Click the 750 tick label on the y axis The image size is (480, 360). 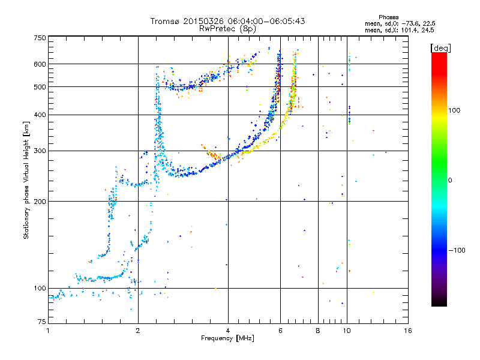click(40, 38)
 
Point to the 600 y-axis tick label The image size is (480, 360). click(40, 64)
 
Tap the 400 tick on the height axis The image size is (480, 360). click(40, 115)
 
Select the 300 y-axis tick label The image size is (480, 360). click(40, 151)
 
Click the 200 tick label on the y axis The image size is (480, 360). click(40, 201)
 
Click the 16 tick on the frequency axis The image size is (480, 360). click(407, 331)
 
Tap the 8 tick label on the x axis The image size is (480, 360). click(318, 331)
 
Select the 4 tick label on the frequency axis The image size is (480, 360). click(228, 331)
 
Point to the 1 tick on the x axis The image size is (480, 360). click(49, 331)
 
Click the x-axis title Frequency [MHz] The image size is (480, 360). click(228, 338)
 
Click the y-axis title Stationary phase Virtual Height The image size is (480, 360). click(26, 180)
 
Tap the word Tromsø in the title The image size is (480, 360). click(166, 21)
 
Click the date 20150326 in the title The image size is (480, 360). click(205, 21)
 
